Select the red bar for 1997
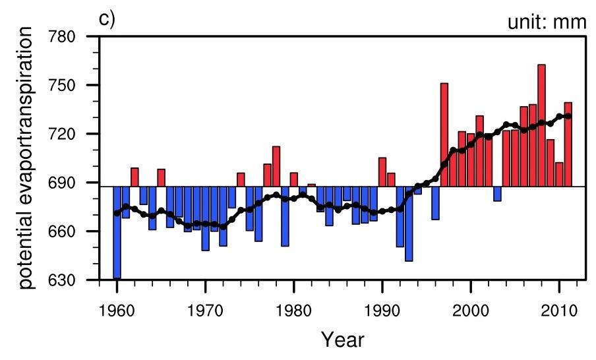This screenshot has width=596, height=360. (x=444, y=135)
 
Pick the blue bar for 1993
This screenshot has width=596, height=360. (x=409, y=224)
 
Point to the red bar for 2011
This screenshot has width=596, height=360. (x=568, y=144)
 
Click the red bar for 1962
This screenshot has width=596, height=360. (x=134, y=177)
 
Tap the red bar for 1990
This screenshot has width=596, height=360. (x=382, y=172)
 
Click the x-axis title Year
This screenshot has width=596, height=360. (x=342, y=340)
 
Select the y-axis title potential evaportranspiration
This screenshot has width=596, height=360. (x=25, y=161)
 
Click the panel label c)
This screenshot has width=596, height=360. (x=107, y=19)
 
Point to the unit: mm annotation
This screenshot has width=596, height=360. (x=546, y=22)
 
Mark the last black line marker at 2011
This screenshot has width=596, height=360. (x=568, y=116)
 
